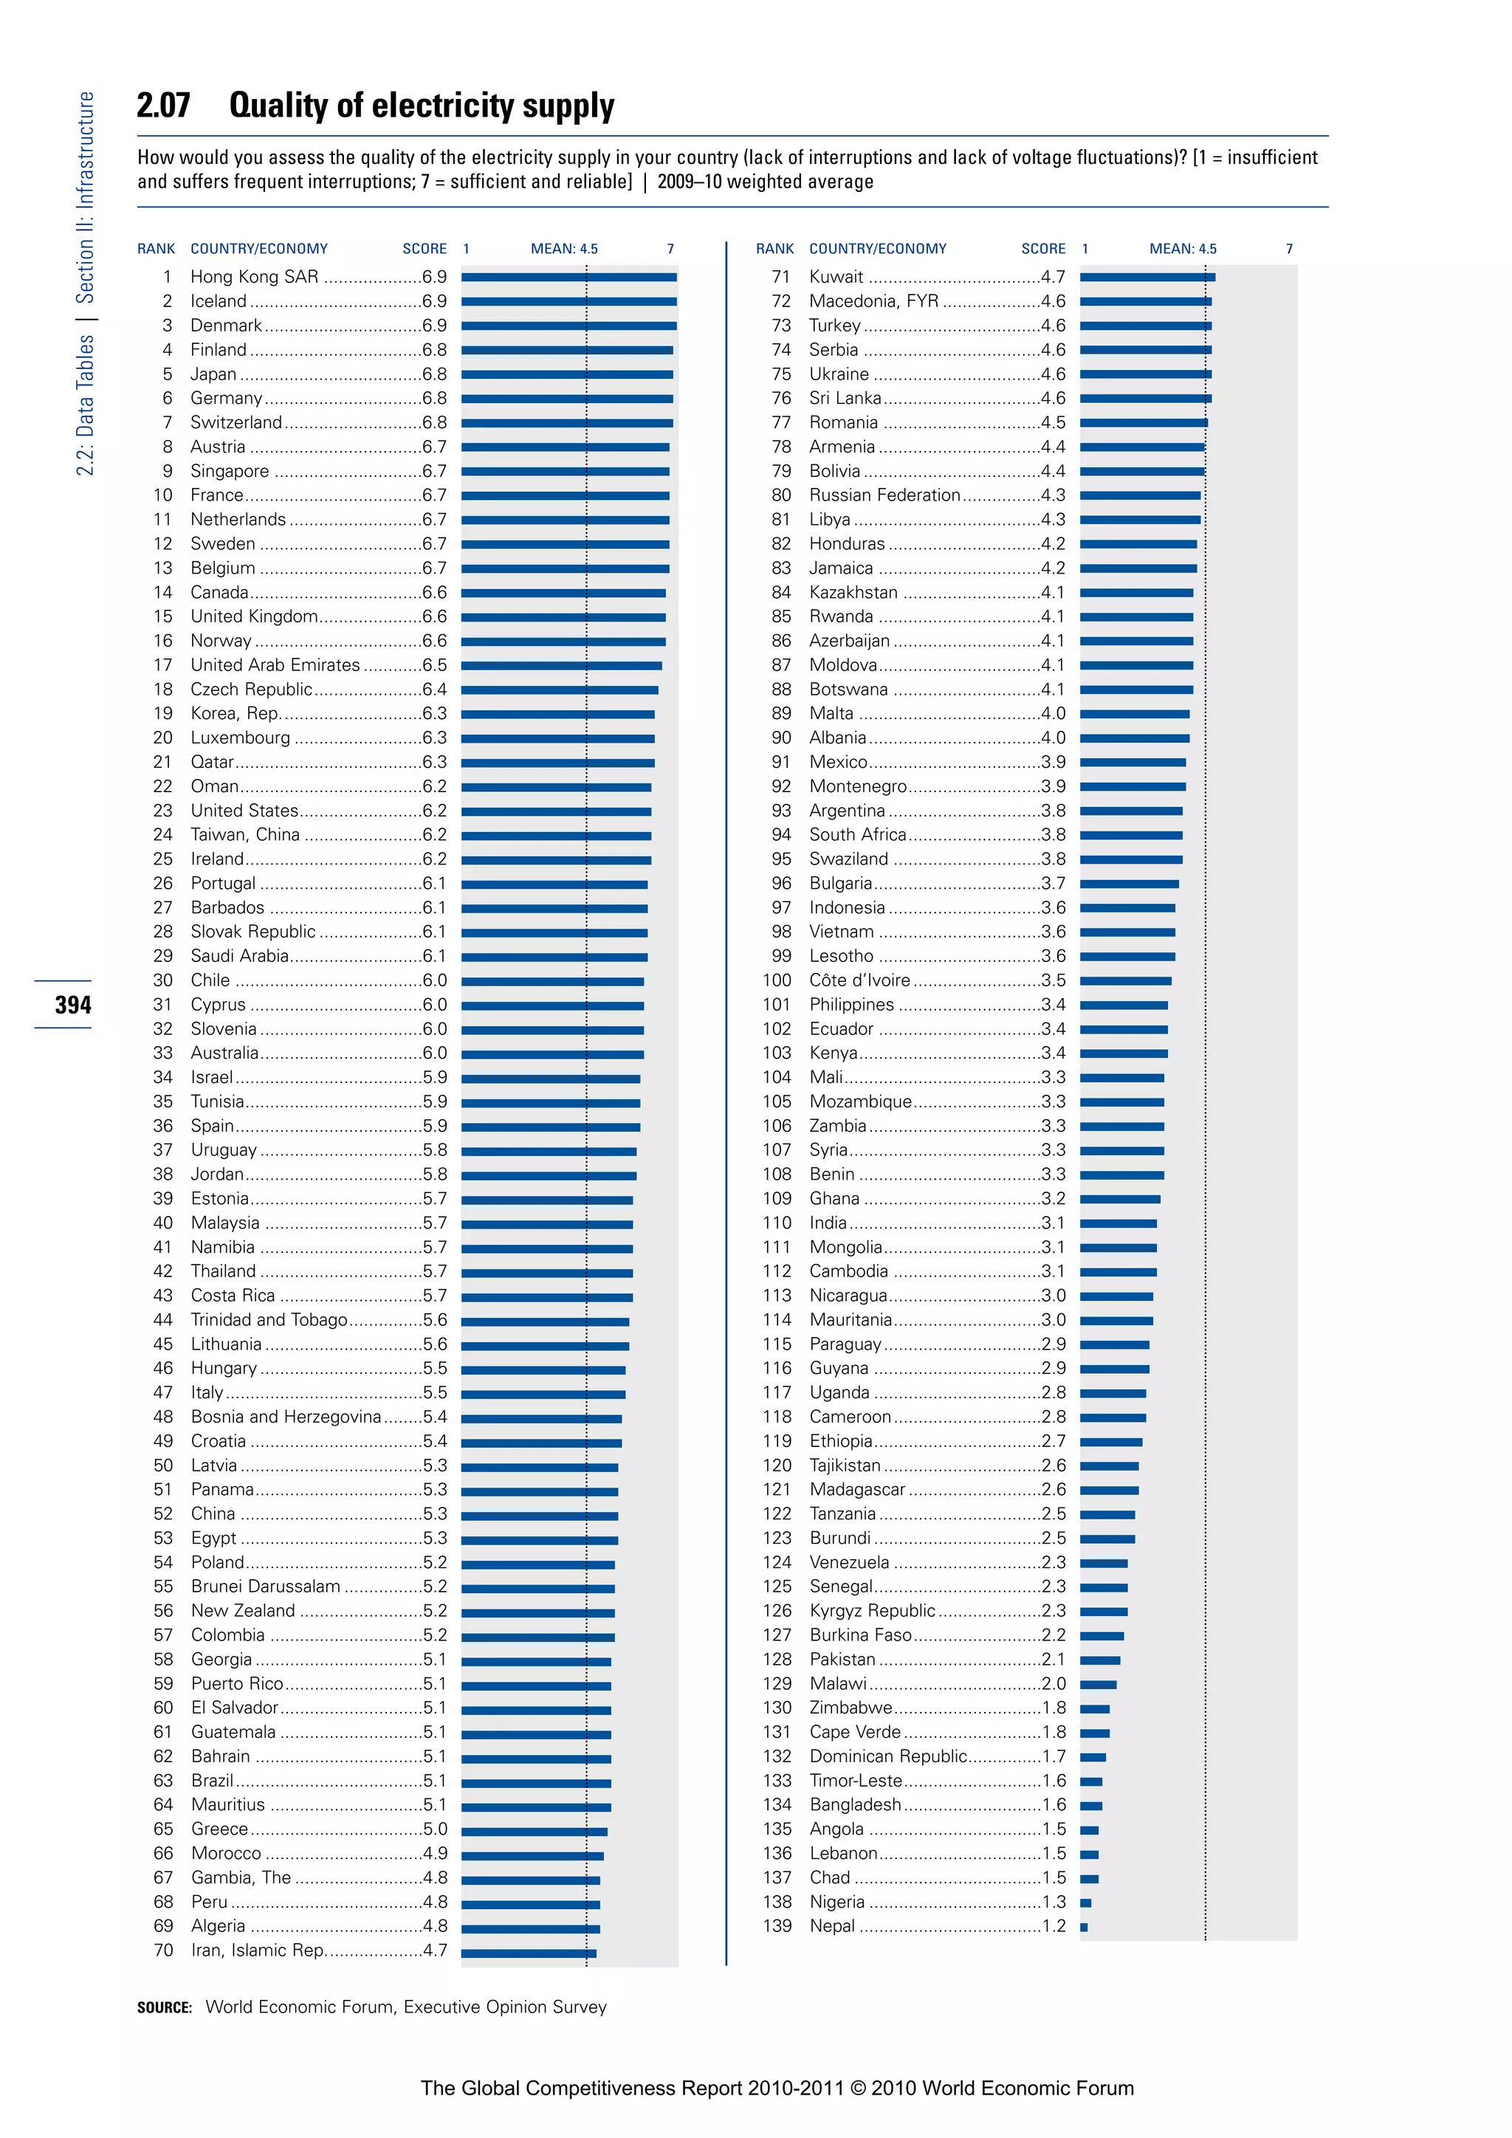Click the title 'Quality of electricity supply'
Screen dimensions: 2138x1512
point(422,106)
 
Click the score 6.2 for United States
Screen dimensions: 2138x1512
point(434,810)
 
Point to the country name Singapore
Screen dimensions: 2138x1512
point(230,471)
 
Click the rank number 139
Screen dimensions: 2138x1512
point(777,1925)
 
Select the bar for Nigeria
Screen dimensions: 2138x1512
point(1085,1902)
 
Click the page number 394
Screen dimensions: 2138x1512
point(72,1005)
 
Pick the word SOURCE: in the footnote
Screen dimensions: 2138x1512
point(165,2007)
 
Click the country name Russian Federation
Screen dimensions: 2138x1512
point(884,495)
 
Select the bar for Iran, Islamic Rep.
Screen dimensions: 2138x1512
point(528,1950)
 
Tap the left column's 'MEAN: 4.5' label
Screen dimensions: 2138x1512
point(564,249)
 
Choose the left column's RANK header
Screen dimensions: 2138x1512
point(156,249)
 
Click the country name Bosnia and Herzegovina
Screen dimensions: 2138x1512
point(286,1416)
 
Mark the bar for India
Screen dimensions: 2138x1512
point(1118,1223)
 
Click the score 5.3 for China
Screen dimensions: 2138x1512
point(434,1513)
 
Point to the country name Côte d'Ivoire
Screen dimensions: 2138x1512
point(859,980)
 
